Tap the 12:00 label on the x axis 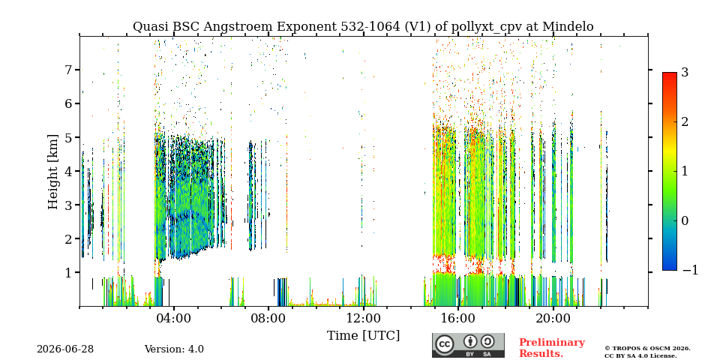pyautogui.click(x=364, y=318)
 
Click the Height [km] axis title pyautogui.click(x=53, y=172)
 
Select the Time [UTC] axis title pyautogui.click(x=363, y=336)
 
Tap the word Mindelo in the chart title pyautogui.click(x=568, y=27)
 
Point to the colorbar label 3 pyautogui.click(x=685, y=72)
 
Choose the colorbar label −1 pyautogui.click(x=690, y=270)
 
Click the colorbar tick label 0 pyautogui.click(x=685, y=220)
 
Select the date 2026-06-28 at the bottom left pyautogui.click(x=65, y=349)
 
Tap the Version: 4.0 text pyautogui.click(x=174, y=349)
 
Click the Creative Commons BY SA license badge pyautogui.click(x=468, y=345)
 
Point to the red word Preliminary pyautogui.click(x=552, y=343)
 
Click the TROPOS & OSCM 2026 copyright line pyautogui.click(x=647, y=349)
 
